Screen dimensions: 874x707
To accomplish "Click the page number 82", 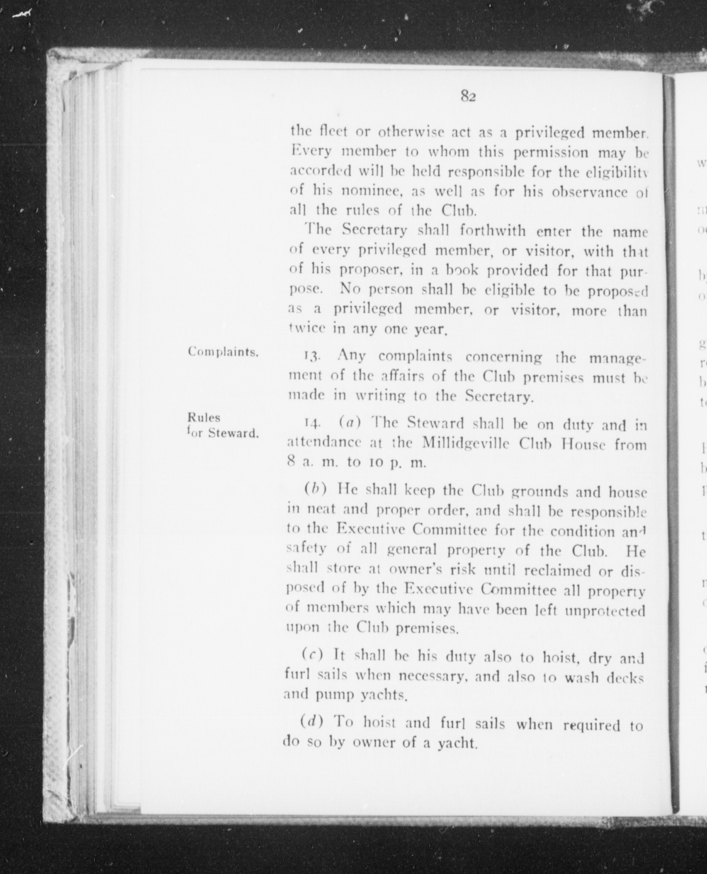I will coord(468,97).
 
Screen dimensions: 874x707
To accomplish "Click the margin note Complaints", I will coord(223,352).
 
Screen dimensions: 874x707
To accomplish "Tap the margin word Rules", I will coord(204,417).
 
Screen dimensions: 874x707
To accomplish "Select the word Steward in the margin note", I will coord(233,433).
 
